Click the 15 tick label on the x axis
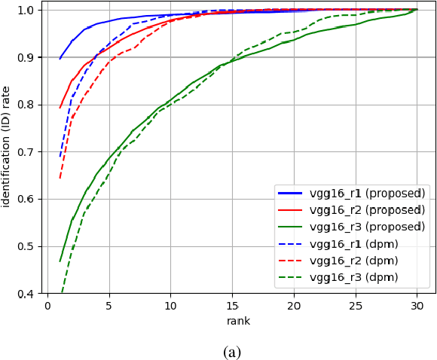232,306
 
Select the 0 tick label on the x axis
47,306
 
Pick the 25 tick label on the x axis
355,306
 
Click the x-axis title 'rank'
238,321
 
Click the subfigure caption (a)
233,352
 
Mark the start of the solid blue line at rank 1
60,58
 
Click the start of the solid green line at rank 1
60,261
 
